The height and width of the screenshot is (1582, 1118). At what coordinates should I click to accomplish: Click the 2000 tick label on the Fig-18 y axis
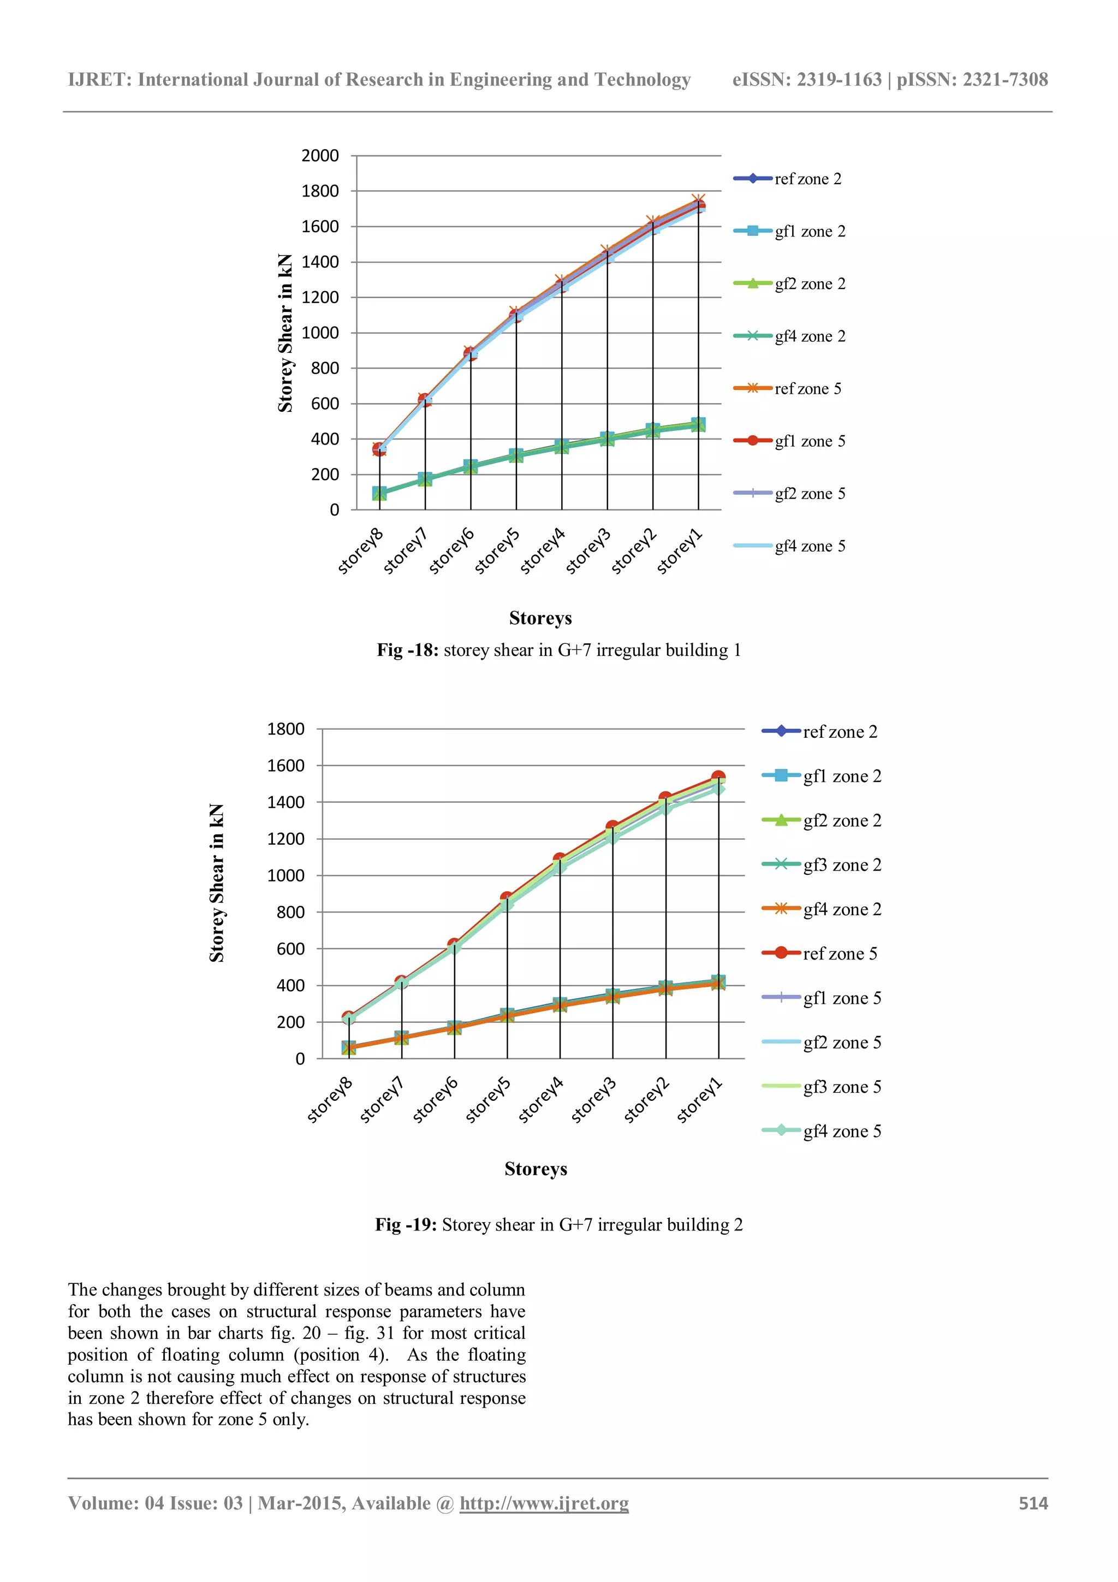320,156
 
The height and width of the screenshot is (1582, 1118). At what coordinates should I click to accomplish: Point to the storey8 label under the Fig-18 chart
360,550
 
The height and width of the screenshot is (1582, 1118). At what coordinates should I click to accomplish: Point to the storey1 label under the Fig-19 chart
699,1100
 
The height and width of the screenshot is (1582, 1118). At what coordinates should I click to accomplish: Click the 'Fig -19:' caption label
406,1225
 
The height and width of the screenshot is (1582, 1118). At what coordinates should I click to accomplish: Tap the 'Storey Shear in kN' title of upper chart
285,334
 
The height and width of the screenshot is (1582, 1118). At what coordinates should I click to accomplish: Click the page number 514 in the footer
1033,1503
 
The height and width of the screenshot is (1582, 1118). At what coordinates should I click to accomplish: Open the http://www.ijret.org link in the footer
544,1503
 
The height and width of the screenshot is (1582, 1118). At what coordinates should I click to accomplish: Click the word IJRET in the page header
99,80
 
